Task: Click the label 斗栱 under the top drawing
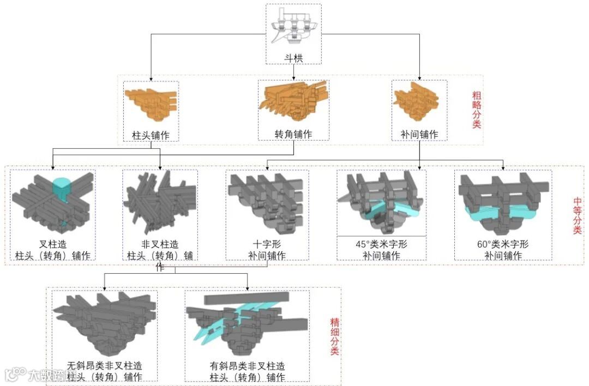(293, 56)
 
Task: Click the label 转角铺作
(293, 134)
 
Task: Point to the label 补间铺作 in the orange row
(419, 134)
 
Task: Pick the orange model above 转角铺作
(293, 102)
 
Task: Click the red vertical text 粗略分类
(476, 109)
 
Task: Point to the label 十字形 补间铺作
(267, 250)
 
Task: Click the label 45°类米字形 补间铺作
(381, 250)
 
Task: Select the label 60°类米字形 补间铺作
(502, 250)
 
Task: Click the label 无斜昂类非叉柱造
(105, 366)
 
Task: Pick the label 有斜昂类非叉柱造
(247, 366)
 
